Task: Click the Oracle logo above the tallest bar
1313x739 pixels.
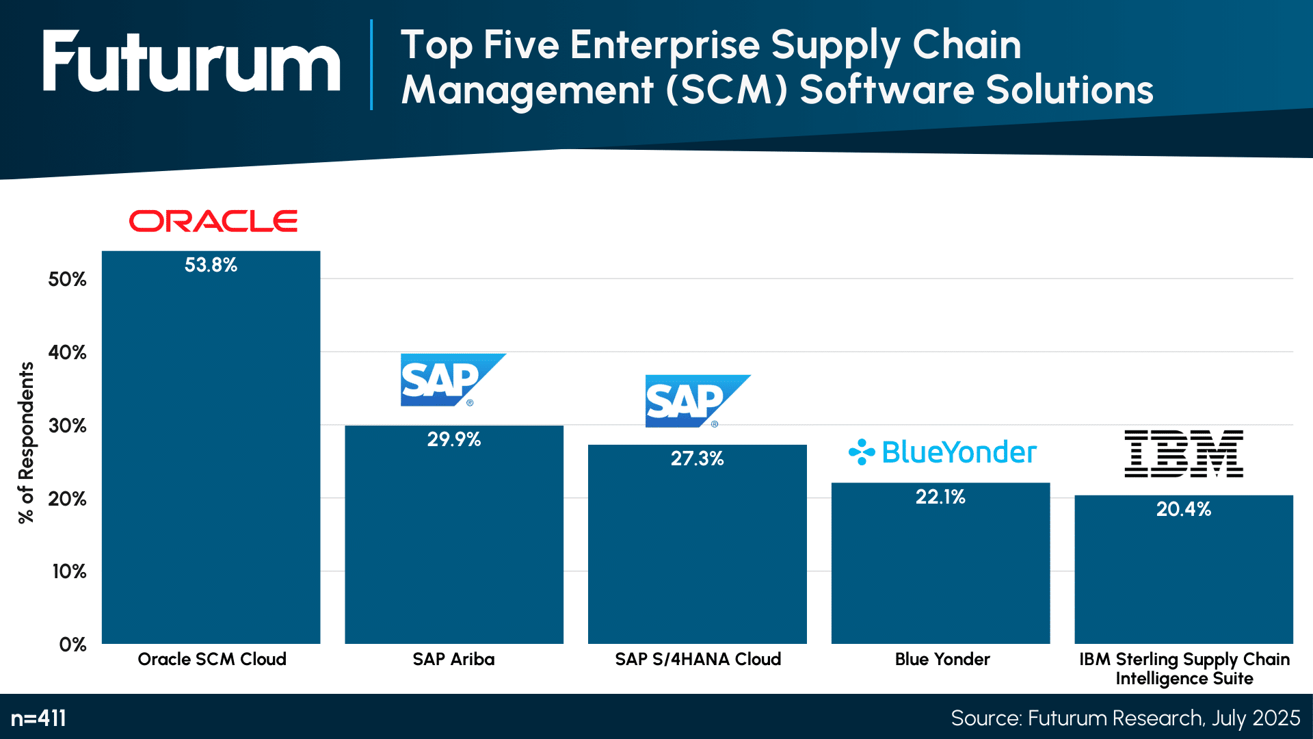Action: pyautogui.click(x=213, y=221)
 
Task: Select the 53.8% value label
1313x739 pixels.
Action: pyautogui.click(x=211, y=265)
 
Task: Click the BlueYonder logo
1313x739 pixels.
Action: pyautogui.click(x=943, y=452)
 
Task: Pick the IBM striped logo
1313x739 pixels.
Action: pyautogui.click(x=1184, y=454)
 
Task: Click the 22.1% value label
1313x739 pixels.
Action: pyautogui.click(x=940, y=497)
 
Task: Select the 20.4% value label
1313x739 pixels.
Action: pyautogui.click(x=1183, y=509)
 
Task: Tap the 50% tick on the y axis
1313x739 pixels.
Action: pyautogui.click(x=67, y=279)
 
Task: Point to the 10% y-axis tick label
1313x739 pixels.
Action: pyautogui.click(x=69, y=571)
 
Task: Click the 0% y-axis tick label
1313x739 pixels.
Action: pyautogui.click(x=72, y=645)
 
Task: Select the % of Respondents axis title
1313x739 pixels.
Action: pyautogui.click(x=26, y=443)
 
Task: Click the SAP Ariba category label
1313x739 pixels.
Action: pyautogui.click(x=453, y=659)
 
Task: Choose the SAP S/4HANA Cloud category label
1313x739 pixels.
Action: pyautogui.click(x=698, y=659)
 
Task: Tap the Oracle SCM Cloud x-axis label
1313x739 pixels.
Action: pyautogui.click(x=212, y=659)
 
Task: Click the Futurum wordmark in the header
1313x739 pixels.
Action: pyautogui.click(x=191, y=62)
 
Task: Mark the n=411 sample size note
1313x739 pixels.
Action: pyautogui.click(x=38, y=718)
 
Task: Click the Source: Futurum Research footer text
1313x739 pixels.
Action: pyautogui.click(x=1125, y=718)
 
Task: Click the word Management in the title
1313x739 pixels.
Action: pyautogui.click(x=527, y=90)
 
